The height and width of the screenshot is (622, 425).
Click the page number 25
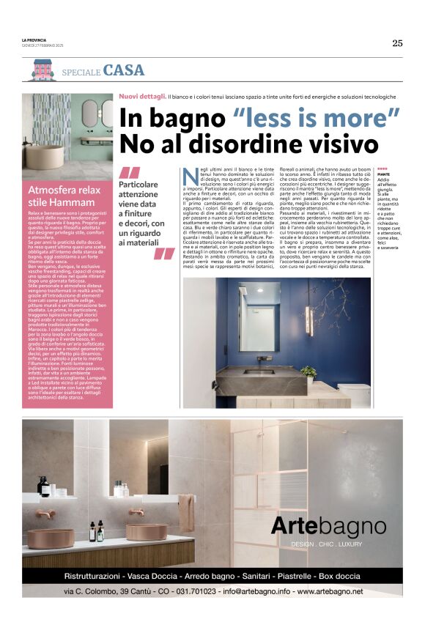(x=396, y=42)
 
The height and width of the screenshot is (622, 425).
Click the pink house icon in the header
(x=40, y=70)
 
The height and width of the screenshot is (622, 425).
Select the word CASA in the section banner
(x=124, y=71)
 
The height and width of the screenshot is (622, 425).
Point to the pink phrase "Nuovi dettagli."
(x=142, y=96)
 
